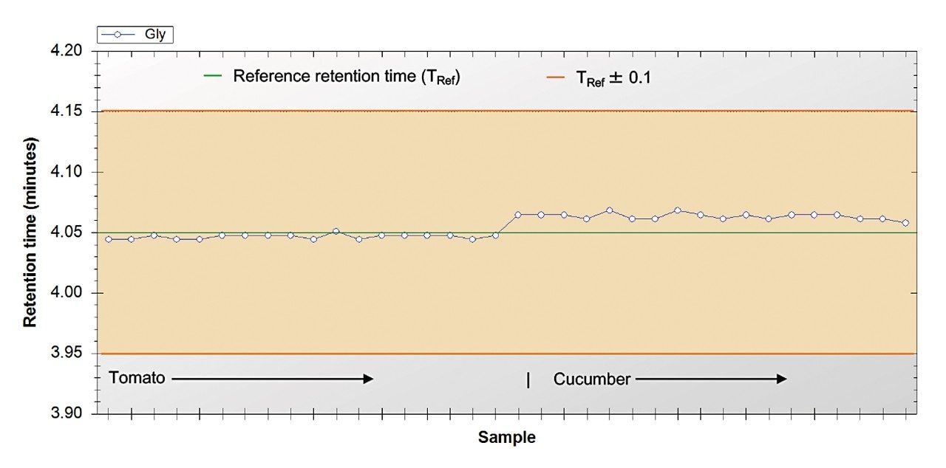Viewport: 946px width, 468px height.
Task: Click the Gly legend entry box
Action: click(x=135, y=34)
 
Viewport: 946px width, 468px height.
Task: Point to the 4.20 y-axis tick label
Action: click(x=71, y=52)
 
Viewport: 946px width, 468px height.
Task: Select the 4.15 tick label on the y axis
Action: click(x=71, y=112)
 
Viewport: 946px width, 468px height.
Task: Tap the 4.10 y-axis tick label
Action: click(x=71, y=172)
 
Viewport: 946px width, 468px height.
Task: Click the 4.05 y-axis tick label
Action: click(x=71, y=233)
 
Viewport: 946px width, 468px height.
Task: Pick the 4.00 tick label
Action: click(x=71, y=293)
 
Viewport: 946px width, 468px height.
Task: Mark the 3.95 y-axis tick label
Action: click(x=71, y=354)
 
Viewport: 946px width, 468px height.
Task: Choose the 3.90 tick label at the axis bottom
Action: click(x=71, y=413)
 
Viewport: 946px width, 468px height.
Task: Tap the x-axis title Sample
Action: click(x=507, y=437)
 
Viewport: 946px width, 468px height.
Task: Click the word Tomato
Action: click(x=137, y=378)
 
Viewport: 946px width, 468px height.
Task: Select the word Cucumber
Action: click(x=592, y=379)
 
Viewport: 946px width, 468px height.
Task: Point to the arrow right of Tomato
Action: click(x=272, y=379)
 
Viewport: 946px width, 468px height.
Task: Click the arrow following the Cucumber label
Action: click(x=711, y=379)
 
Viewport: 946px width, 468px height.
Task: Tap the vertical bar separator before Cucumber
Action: click(x=528, y=379)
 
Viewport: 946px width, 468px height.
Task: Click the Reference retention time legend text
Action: click(x=347, y=76)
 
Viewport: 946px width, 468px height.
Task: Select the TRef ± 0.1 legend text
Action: click(x=613, y=77)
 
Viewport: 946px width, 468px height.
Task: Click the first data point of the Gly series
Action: click(x=109, y=239)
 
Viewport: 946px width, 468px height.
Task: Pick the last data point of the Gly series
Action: click(x=905, y=223)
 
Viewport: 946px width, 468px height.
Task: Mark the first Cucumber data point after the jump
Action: click(x=517, y=215)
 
